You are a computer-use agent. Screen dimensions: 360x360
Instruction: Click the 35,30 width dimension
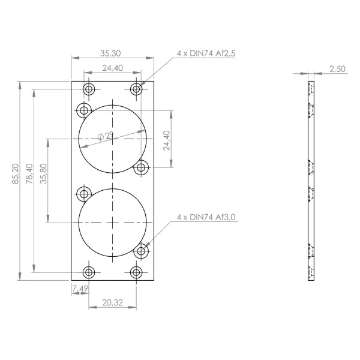[x=110, y=53]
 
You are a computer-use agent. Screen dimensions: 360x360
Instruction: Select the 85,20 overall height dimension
[x=16, y=173]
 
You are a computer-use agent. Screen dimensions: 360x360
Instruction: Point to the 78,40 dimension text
[x=29, y=173]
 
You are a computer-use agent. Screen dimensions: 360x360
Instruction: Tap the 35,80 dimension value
[x=43, y=173]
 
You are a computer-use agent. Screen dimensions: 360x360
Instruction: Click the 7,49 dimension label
[x=80, y=289]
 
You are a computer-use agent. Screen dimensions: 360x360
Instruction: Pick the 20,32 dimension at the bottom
[x=113, y=302]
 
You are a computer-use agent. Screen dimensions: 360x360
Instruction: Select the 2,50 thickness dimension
[x=337, y=69]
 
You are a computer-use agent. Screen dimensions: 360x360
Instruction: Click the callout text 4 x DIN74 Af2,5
[x=206, y=53]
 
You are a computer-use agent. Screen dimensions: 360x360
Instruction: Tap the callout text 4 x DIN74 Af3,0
[x=206, y=217]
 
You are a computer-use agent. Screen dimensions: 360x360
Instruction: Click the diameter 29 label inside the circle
[x=106, y=136]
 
